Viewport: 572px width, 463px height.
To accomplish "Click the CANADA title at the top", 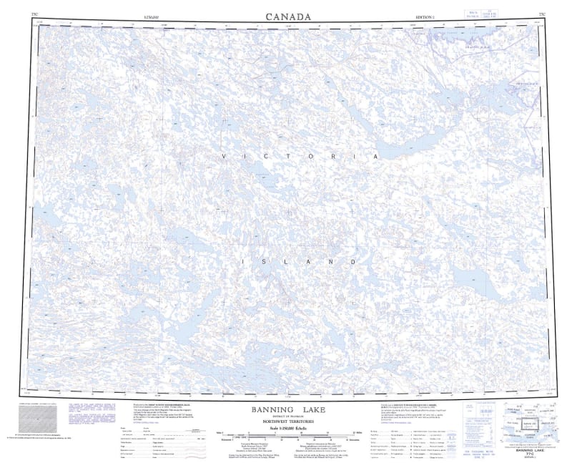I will pos(288,16).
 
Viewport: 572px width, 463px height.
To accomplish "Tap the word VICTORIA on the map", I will pos(299,156).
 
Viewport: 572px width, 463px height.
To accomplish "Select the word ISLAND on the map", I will pos(299,263).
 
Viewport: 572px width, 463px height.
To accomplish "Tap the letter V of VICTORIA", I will pos(222,156).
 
